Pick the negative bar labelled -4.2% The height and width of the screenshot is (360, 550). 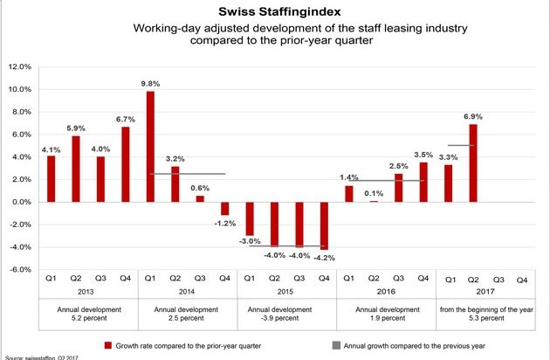(324, 225)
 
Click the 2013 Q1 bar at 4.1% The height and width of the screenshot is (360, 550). (51, 178)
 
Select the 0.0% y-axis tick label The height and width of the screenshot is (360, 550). (21, 202)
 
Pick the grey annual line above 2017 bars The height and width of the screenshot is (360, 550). (461, 145)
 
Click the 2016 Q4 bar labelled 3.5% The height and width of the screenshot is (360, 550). (423, 182)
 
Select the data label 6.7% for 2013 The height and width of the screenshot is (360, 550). (126, 119)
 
